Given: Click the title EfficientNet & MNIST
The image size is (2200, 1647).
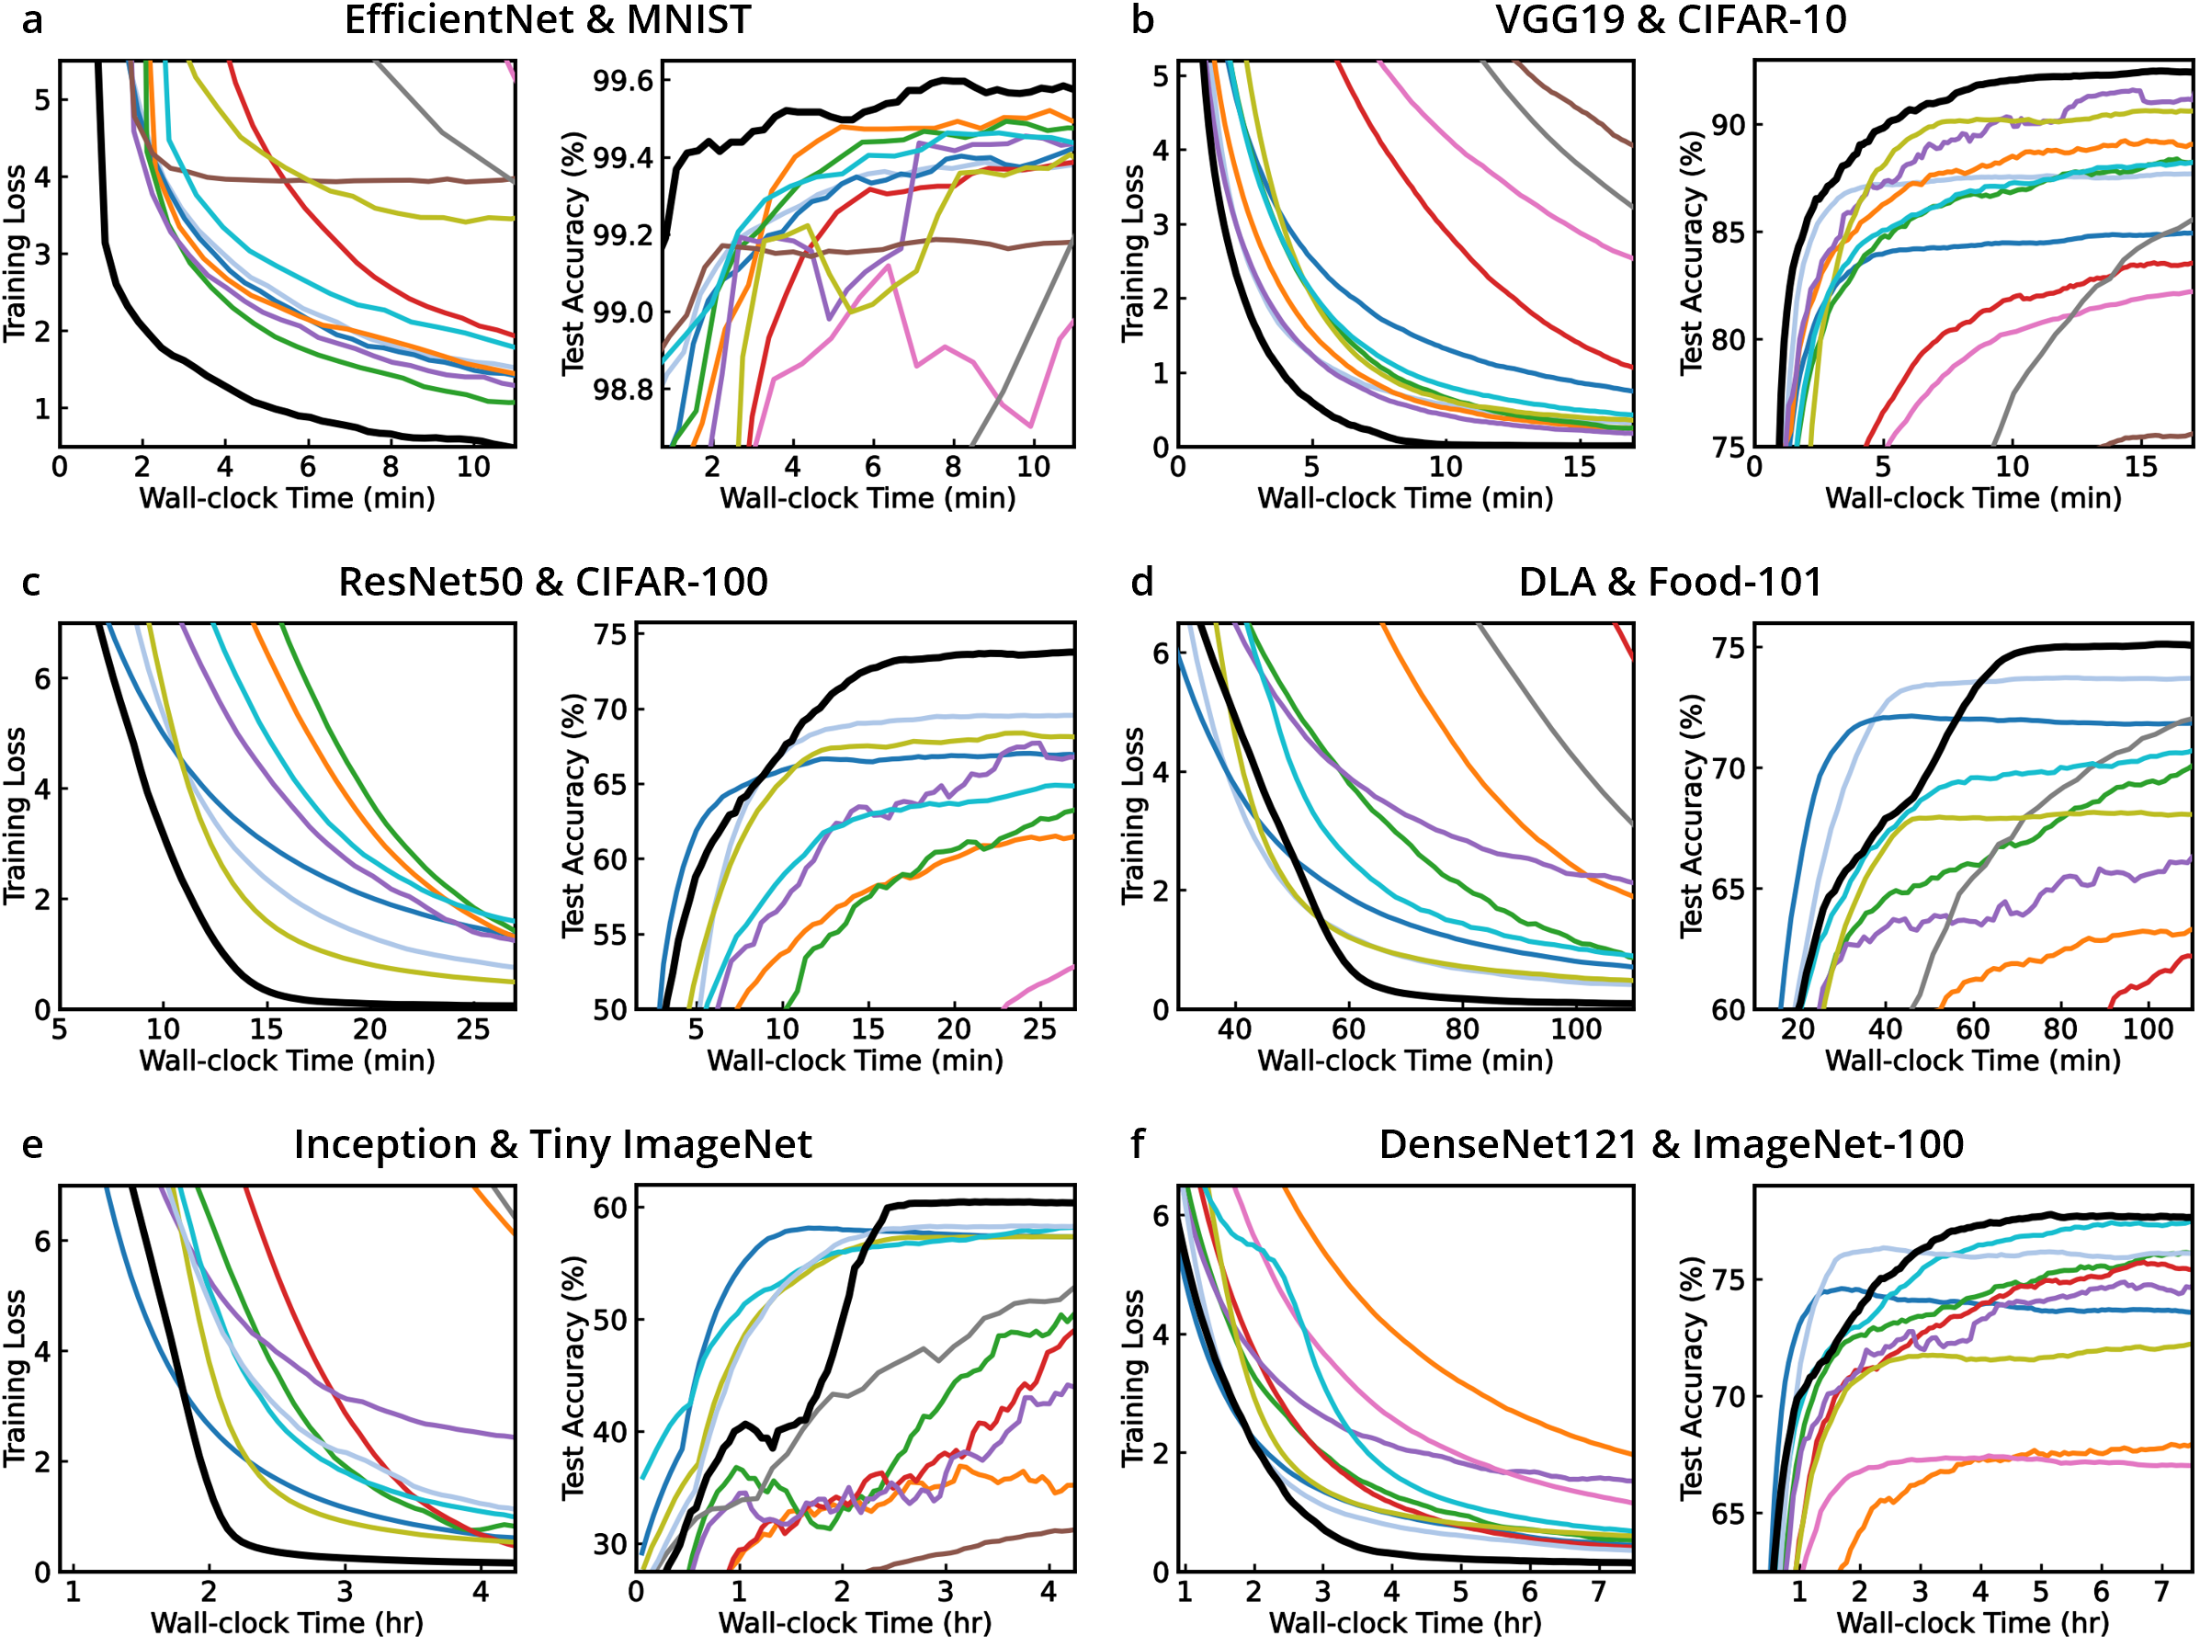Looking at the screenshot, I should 547,20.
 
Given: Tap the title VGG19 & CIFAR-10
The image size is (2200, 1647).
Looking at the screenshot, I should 1671,20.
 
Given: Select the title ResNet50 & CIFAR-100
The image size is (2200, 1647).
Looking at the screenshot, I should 553,582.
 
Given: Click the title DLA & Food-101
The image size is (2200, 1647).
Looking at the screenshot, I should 1670,582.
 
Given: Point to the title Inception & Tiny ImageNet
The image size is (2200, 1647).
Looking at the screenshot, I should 553,1145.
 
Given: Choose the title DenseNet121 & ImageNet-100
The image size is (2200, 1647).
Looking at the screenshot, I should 1671,1145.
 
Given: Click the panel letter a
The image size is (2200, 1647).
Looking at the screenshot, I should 32,20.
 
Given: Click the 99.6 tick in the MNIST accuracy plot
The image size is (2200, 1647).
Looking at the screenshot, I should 624,81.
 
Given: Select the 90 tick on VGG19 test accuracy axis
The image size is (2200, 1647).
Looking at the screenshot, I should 1729,125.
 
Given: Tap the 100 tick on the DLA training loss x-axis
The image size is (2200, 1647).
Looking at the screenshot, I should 1576,1028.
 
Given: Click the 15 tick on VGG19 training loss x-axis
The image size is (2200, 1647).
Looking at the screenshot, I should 1580,467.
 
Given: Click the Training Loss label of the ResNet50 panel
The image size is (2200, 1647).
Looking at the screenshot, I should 15,815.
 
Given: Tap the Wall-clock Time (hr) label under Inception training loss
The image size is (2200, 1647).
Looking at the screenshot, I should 287,1623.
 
